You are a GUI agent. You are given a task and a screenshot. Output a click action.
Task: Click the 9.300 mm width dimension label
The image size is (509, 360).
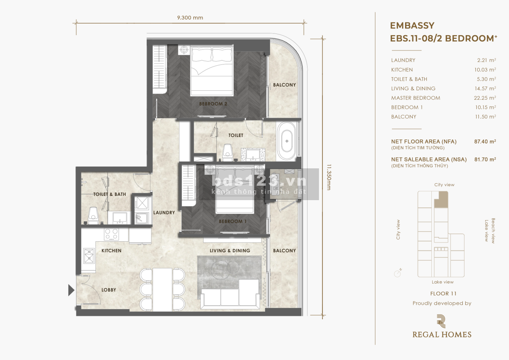pyautogui.click(x=190, y=18)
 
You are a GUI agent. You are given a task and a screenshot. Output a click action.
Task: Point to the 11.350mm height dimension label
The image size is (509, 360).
pyautogui.click(x=329, y=177)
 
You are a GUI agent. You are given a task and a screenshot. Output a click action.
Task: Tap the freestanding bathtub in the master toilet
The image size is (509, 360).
pyautogui.click(x=287, y=141)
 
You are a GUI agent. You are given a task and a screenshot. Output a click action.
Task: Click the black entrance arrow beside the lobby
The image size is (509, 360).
pyautogui.click(x=71, y=290)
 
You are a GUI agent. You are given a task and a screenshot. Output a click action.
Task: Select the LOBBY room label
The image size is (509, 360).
pyautogui.click(x=109, y=290)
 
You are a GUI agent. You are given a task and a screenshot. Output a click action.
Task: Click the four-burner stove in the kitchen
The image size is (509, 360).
pyautogui.click(x=111, y=234)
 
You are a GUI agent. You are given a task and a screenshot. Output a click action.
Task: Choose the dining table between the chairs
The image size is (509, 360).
pyautogui.click(x=162, y=290)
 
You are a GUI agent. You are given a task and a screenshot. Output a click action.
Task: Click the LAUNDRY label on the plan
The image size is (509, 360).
pyautogui.click(x=164, y=212)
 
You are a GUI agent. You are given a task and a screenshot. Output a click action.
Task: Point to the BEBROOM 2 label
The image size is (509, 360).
pyautogui.click(x=213, y=104)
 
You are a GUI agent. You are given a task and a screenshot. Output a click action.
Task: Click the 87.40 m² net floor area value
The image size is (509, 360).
pyautogui.click(x=485, y=142)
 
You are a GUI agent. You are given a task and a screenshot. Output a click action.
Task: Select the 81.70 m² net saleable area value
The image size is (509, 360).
pyautogui.click(x=485, y=159)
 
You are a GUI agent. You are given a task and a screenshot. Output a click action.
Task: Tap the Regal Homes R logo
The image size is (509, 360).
pyautogui.click(x=441, y=321)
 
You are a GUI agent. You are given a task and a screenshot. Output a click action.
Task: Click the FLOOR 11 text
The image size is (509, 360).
pyautogui.click(x=443, y=294)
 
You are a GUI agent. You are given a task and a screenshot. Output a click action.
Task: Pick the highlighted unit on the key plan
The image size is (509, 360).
pyautogui.click(x=441, y=200)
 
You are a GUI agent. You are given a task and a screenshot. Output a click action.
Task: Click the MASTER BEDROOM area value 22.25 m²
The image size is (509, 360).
pyautogui.click(x=485, y=98)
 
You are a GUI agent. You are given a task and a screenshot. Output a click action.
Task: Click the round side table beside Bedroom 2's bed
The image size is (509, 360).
pyautogui.click(x=184, y=50)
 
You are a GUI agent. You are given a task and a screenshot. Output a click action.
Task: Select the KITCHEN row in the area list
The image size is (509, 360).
pyautogui.click(x=443, y=70)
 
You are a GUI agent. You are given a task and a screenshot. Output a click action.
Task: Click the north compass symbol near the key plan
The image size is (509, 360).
pyautogui.click(x=398, y=273)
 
